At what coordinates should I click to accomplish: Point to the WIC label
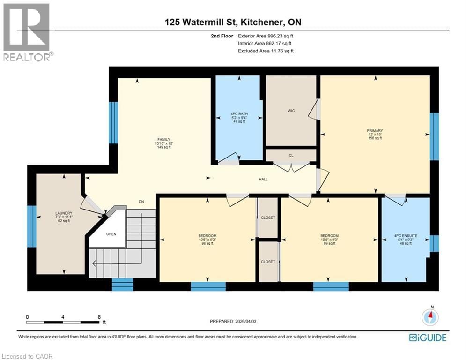pyautogui.click(x=291, y=111)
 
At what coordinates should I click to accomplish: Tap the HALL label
pyautogui.click(x=264, y=180)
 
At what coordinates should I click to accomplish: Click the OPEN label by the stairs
pyautogui.click(x=111, y=234)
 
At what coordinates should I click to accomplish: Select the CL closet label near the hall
pyautogui.click(x=290, y=155)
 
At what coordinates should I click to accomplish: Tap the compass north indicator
pyautogui.click(x=430, y=317)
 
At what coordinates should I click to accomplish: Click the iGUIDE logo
pyautogui.click(x=427, y=337)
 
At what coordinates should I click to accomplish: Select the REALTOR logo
pyautogui.click(x=27, y=32)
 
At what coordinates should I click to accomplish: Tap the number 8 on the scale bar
pyautogui.click(x=99, y=317)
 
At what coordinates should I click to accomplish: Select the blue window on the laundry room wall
pyautogui.click(x=31, y=226)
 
